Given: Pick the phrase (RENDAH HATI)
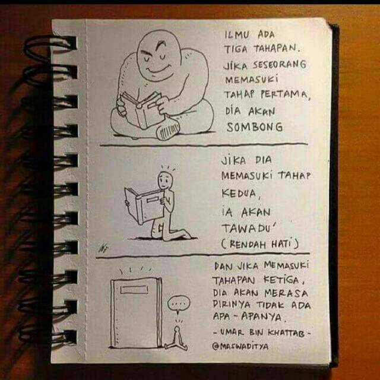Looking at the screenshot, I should click(259, 244).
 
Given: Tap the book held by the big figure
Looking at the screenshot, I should click(141, 110).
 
